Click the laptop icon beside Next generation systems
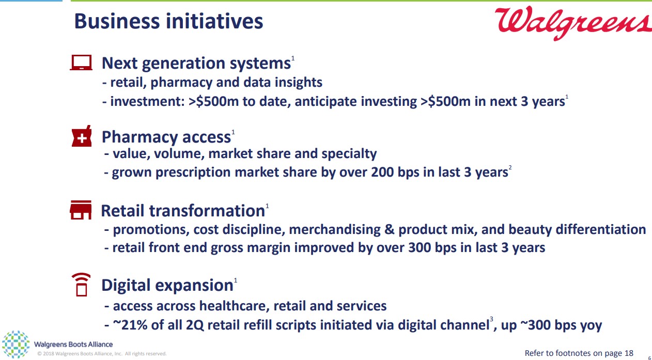pos(81,62)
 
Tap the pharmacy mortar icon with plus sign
pos(82,136)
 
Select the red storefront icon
pos(81,210)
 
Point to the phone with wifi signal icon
pos(81,285)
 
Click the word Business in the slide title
pos(117,22)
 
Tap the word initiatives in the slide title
pos(214,22)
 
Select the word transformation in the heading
pos(207,211)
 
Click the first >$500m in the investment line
pos(213,101)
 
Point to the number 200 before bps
pos(382,172)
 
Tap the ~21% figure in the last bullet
pos(130,325)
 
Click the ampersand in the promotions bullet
pos(389,229)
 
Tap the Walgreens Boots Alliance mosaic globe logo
pos(15,345)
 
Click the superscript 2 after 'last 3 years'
pos(510,167)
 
